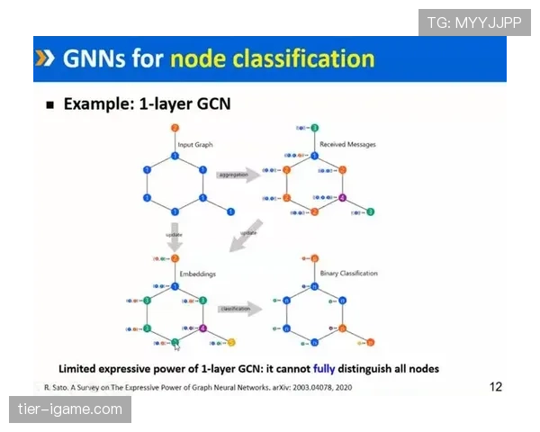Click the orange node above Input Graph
(175, 129)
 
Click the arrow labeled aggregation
(237, 175)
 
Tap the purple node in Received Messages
(342, 198)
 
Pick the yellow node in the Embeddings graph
(231, 342)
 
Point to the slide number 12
(496, 387)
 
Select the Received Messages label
(346, 144)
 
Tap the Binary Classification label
(348, 273)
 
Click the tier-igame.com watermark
(70, 410)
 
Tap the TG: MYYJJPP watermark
(474, 22)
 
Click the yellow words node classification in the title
(272, 59)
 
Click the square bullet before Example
(50, 104)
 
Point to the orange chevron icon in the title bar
(44, 59)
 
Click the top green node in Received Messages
(316, 129)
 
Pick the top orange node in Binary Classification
(314, 258)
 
